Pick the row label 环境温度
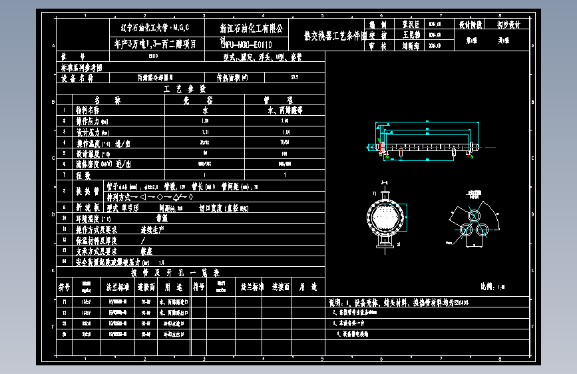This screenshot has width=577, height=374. [91, 218]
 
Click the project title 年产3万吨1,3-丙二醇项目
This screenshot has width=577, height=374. [155, 44]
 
